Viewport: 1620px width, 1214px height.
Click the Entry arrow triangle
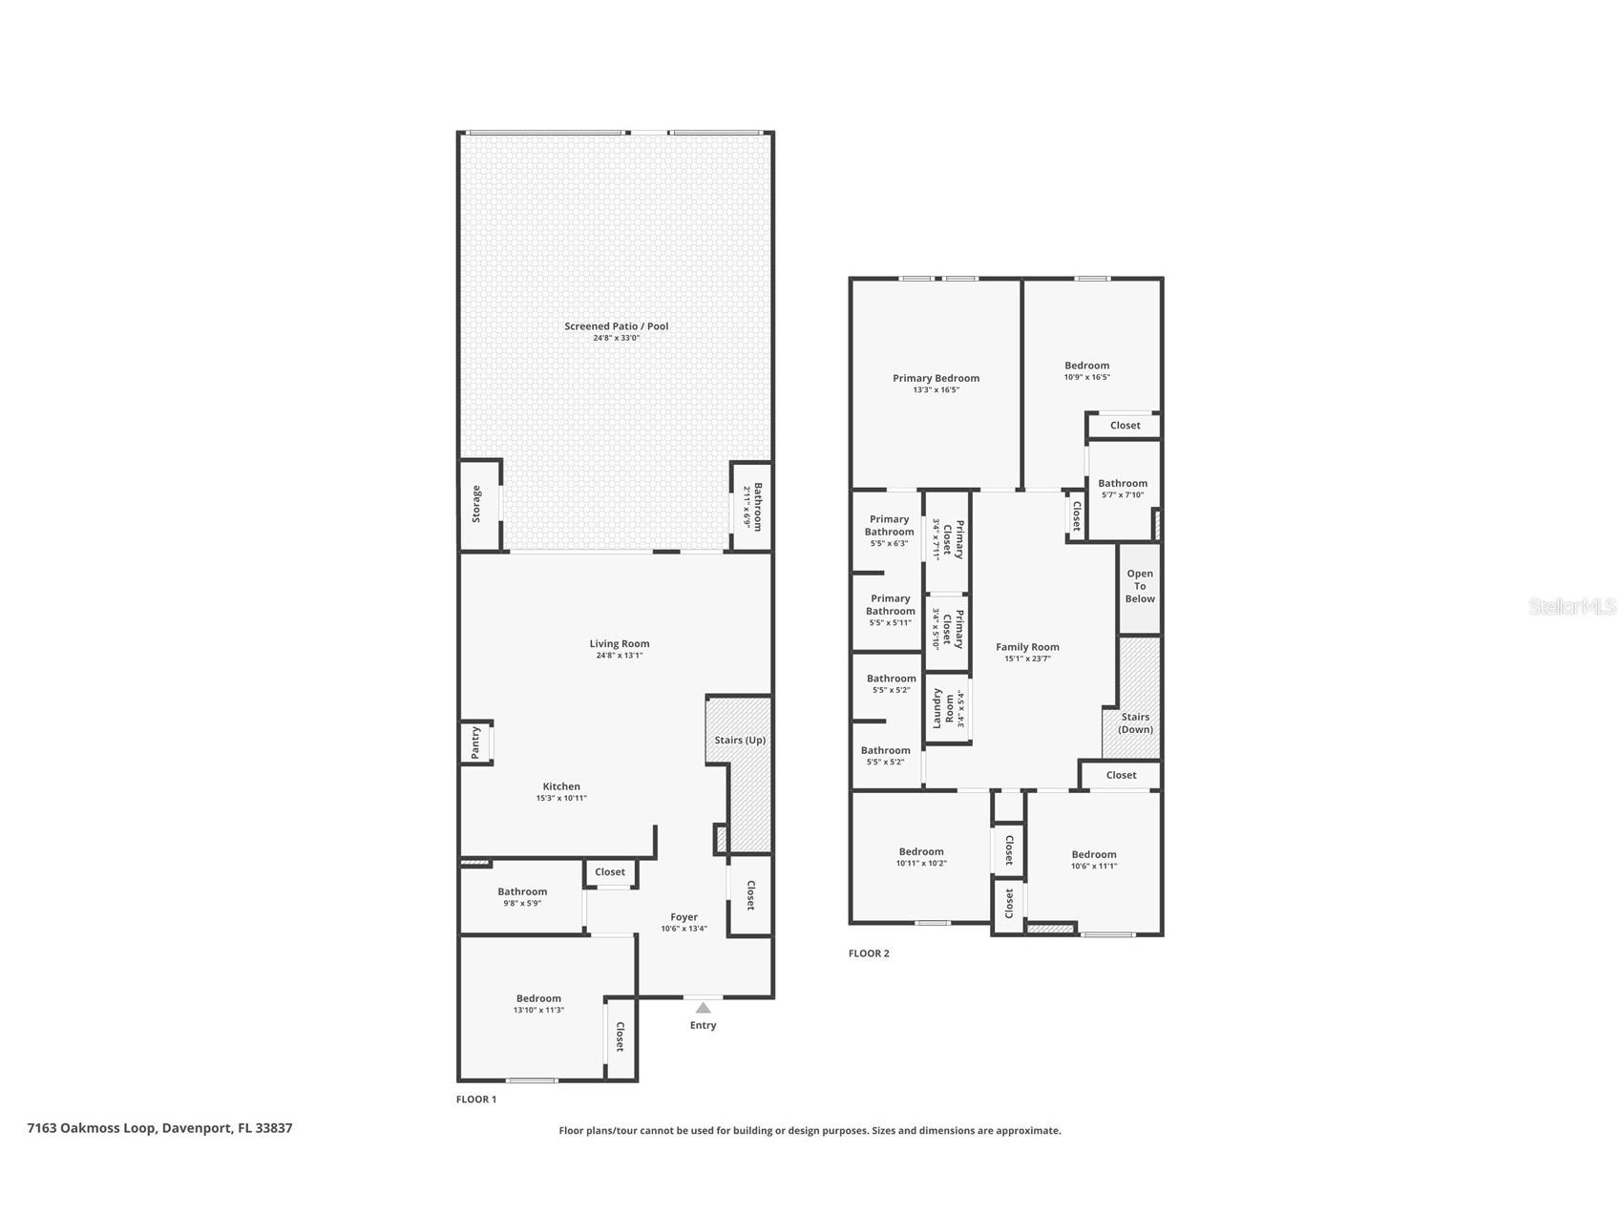[x=703, y=1007]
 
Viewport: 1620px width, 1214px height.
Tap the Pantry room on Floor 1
[x=475, y=743]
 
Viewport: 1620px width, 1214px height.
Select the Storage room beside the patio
[x=477, y=504]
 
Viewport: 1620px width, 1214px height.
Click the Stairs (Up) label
[x=740, y=740]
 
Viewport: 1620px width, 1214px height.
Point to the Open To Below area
[x=1140, y=586]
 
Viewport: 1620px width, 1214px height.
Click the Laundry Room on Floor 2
[x=943, y=707]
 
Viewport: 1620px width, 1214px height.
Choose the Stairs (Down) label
[x=1135, y=722]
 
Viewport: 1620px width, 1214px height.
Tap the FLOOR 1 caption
[x=476, y=1099]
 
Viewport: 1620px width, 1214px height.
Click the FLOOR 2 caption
[x=869, y=952]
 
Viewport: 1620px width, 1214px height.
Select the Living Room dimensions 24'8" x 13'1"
[x=620, y=656]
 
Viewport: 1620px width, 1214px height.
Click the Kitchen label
[x=561, y=786]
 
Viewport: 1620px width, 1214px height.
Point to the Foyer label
[x=684, y=916]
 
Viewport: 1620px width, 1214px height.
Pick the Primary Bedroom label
[x=936, y=378]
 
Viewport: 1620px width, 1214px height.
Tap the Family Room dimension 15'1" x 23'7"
[x=1027, y=659]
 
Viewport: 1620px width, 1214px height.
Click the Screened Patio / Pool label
[x=616, y=326]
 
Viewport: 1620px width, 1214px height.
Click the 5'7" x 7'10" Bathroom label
[x=1123, y=483]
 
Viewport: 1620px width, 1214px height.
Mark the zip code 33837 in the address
[x=274, y=1127]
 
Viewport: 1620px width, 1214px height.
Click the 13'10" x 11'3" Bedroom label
[x=538, y=998]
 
